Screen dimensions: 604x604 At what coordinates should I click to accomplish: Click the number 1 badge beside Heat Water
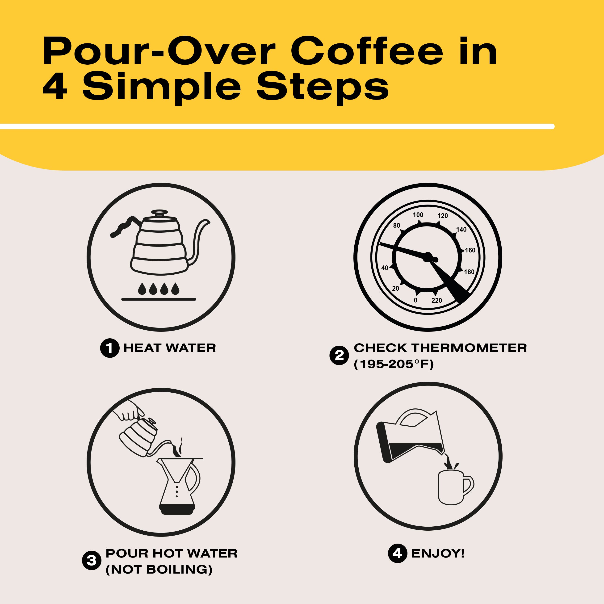(x=109, y=348)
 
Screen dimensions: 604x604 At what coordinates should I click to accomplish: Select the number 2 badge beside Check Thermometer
(x=339, y=356)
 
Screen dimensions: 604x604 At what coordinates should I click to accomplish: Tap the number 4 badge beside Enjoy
(x=397, y=553)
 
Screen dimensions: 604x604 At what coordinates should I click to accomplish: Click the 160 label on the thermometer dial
(x=470, y=250)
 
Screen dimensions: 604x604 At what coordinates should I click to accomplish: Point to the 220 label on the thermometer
(x=436, y=300)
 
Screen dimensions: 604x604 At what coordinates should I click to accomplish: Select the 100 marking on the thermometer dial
(x=418, y=215)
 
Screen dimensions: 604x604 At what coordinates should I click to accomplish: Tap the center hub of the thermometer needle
(x=427, y=257)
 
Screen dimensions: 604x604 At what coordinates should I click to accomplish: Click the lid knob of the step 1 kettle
(x=159, y=212)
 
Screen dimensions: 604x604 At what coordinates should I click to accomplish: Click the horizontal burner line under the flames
(x=159, y=299)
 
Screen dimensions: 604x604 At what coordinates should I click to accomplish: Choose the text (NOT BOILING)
(x=159, y=569)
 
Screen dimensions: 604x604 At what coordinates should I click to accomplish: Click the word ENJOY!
(x=438, y=553)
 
